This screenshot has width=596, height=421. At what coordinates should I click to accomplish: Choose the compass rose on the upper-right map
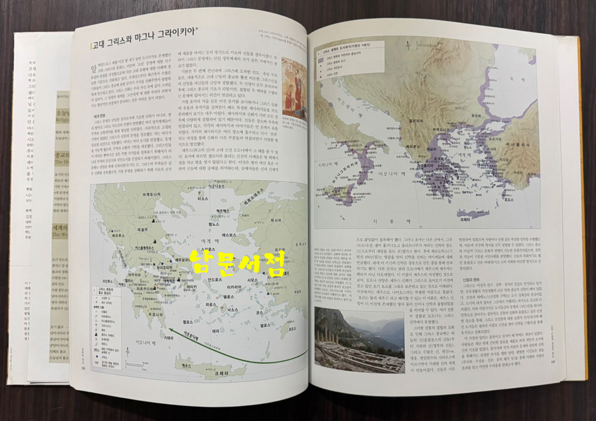click(x=407, y=47)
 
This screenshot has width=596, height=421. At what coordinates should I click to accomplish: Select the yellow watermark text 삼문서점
click(x=237, y=263)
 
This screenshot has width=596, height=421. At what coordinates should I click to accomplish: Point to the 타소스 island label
click(x=204, y=198)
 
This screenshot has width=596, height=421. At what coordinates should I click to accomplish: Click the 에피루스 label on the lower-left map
click(x=118, y=235)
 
